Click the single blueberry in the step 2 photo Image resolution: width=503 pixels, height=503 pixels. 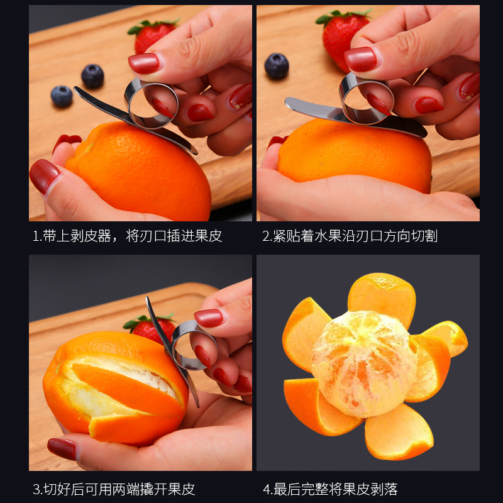pyautogui.click(x=277, y=66)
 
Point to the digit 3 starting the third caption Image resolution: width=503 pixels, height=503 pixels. pyautogui.click(x=36, y=490)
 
